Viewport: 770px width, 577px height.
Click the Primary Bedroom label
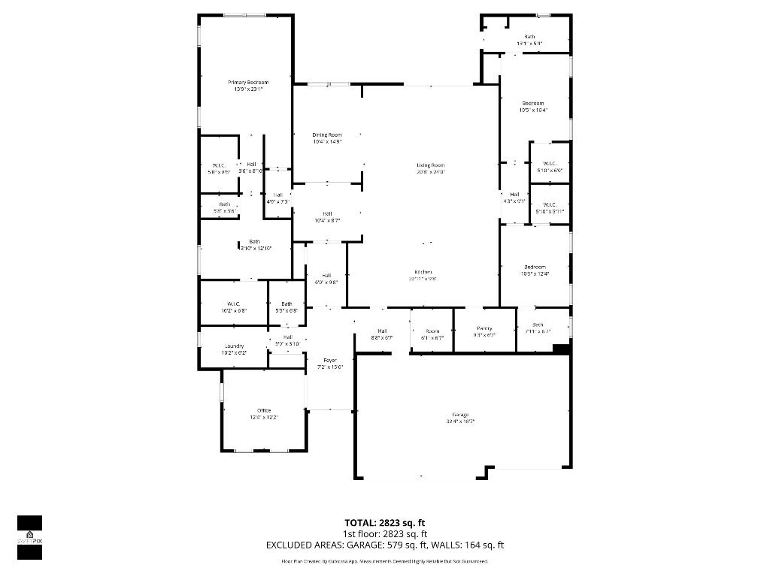click(x=248, y=82)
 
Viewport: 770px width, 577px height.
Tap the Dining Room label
click(x=327, y=134)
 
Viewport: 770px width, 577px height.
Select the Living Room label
click(x=431, y=165)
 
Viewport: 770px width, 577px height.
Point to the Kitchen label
click(x=423, y=271)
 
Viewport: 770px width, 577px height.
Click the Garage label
click(x=460, y=415)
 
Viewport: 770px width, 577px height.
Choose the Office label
click(x=264, y=410)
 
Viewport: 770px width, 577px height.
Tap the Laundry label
click(x=234, y=346)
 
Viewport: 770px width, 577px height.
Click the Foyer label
click(x=330, y=361)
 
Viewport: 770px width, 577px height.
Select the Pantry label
click(x=485, y=328)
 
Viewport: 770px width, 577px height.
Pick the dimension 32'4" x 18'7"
click(x=460, y=421)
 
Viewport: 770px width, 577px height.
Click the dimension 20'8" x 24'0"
click(x=431, y=171)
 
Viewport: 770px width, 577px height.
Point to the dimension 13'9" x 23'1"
click(x=248, y=89)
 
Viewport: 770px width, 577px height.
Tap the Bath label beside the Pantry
click(x=538, y=325)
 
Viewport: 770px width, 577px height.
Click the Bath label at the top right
click(x=529, y=37)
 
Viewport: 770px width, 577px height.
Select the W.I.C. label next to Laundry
click(x=233, y=304)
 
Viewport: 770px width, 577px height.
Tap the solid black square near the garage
click(x=560, y=348)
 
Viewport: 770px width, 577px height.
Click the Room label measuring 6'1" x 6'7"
click(x=432, y=331)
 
